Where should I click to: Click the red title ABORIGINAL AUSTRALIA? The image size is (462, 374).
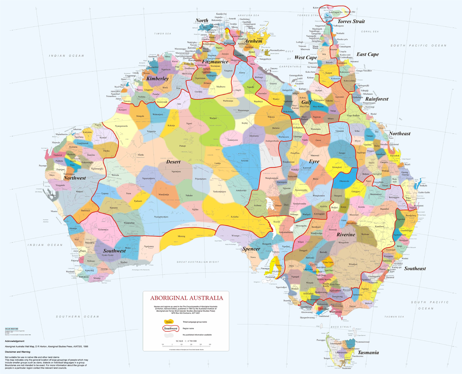point(186,298)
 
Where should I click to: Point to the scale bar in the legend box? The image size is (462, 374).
point(186,345)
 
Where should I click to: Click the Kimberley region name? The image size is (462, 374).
point(157,78)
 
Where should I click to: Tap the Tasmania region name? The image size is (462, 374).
point(368,352)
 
